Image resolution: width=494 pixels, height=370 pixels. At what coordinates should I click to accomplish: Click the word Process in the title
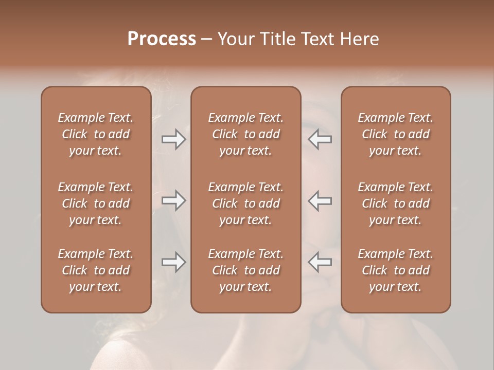click(x=162, y=39)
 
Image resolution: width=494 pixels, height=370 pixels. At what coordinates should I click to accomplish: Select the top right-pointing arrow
click(x=173, y=140)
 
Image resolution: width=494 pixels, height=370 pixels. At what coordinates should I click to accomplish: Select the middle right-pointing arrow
click(x=173, y=200)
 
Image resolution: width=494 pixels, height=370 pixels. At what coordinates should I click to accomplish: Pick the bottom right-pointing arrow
click(x=173, y=262)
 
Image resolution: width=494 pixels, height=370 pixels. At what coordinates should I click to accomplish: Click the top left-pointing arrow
click(x=320, y=140)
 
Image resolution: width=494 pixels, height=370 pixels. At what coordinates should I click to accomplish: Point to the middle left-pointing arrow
click(x=320, y=200)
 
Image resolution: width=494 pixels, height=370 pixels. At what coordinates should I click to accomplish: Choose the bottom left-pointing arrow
click(x=320, y=262)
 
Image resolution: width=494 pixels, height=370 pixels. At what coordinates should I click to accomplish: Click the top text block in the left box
click(x=96, y=134)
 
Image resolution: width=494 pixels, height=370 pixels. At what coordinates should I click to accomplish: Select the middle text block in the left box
click(x=96, y=203)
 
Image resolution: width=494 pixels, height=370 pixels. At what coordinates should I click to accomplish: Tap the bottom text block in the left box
click(x=96, y=270)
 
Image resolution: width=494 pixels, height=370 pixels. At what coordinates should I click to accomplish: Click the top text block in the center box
click(x=245, y=134)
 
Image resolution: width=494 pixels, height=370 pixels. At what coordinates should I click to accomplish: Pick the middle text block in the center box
click(x=245, y=203)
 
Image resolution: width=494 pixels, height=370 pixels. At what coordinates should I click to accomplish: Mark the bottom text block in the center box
click(x=245, y=270)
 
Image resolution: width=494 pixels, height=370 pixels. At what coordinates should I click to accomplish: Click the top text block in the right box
click(x=395, y=134)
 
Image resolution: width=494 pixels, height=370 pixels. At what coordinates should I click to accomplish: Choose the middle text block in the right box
click(x=395, y=203)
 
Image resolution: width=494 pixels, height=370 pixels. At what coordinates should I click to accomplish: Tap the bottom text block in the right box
click(x=395, y=270)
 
